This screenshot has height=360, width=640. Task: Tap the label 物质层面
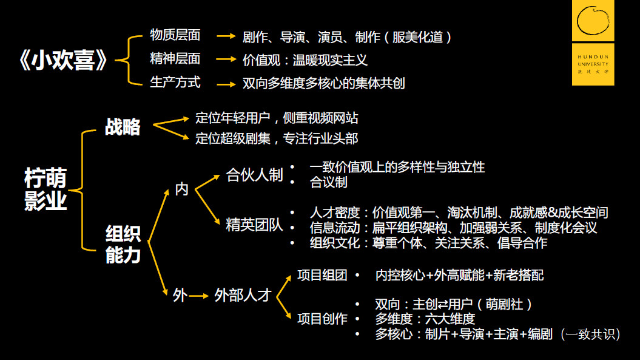pos(175,35)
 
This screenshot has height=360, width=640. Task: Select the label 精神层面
pos(175,59)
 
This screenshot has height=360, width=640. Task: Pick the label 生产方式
pos(175,82)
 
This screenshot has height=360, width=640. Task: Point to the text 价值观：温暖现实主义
pos(305,60)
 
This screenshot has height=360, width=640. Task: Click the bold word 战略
pos(123,127)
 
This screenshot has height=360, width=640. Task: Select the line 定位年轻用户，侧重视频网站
pos(277,118)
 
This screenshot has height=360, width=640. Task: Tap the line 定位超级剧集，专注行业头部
pos(277,139)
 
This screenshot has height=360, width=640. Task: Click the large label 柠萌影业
pos(45,189)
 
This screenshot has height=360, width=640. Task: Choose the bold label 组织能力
pos(123,245)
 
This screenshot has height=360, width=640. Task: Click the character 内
pos(182,189)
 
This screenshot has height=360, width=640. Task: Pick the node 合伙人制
pos(254,175)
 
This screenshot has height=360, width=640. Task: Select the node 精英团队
pos(254,225)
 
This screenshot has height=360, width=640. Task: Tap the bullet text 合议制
pos(328,182)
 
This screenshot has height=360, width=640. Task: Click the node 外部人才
pos(242,296)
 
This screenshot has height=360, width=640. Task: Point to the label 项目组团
pos(322,276)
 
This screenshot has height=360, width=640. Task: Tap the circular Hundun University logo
pos(593,20)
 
